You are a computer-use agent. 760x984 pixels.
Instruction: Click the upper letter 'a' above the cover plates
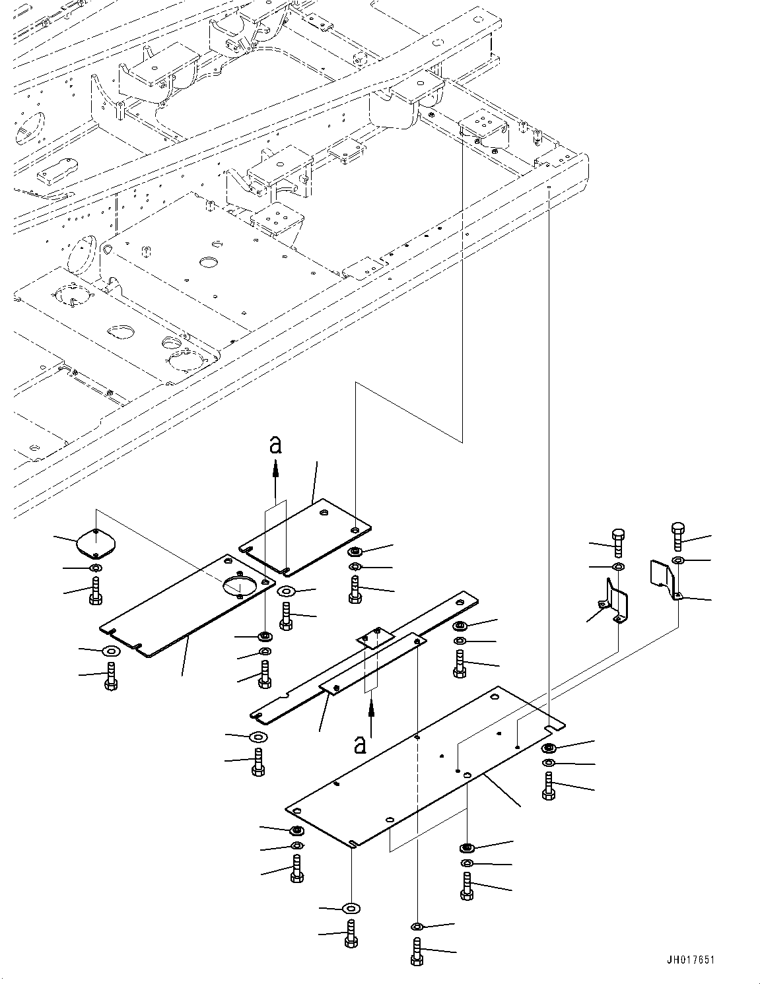pos(276,445)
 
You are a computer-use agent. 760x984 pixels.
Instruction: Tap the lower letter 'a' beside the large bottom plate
pos(361,744)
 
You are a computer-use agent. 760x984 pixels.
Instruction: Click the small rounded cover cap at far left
pos(95,542)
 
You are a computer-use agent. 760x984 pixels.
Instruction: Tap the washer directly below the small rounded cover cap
pos(94,568)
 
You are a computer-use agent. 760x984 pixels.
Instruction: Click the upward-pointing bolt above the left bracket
pos(617,542)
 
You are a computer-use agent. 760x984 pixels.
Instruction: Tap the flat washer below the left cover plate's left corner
pos(110,652)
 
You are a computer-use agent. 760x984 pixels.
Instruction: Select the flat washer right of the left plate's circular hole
pos(286,591)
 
